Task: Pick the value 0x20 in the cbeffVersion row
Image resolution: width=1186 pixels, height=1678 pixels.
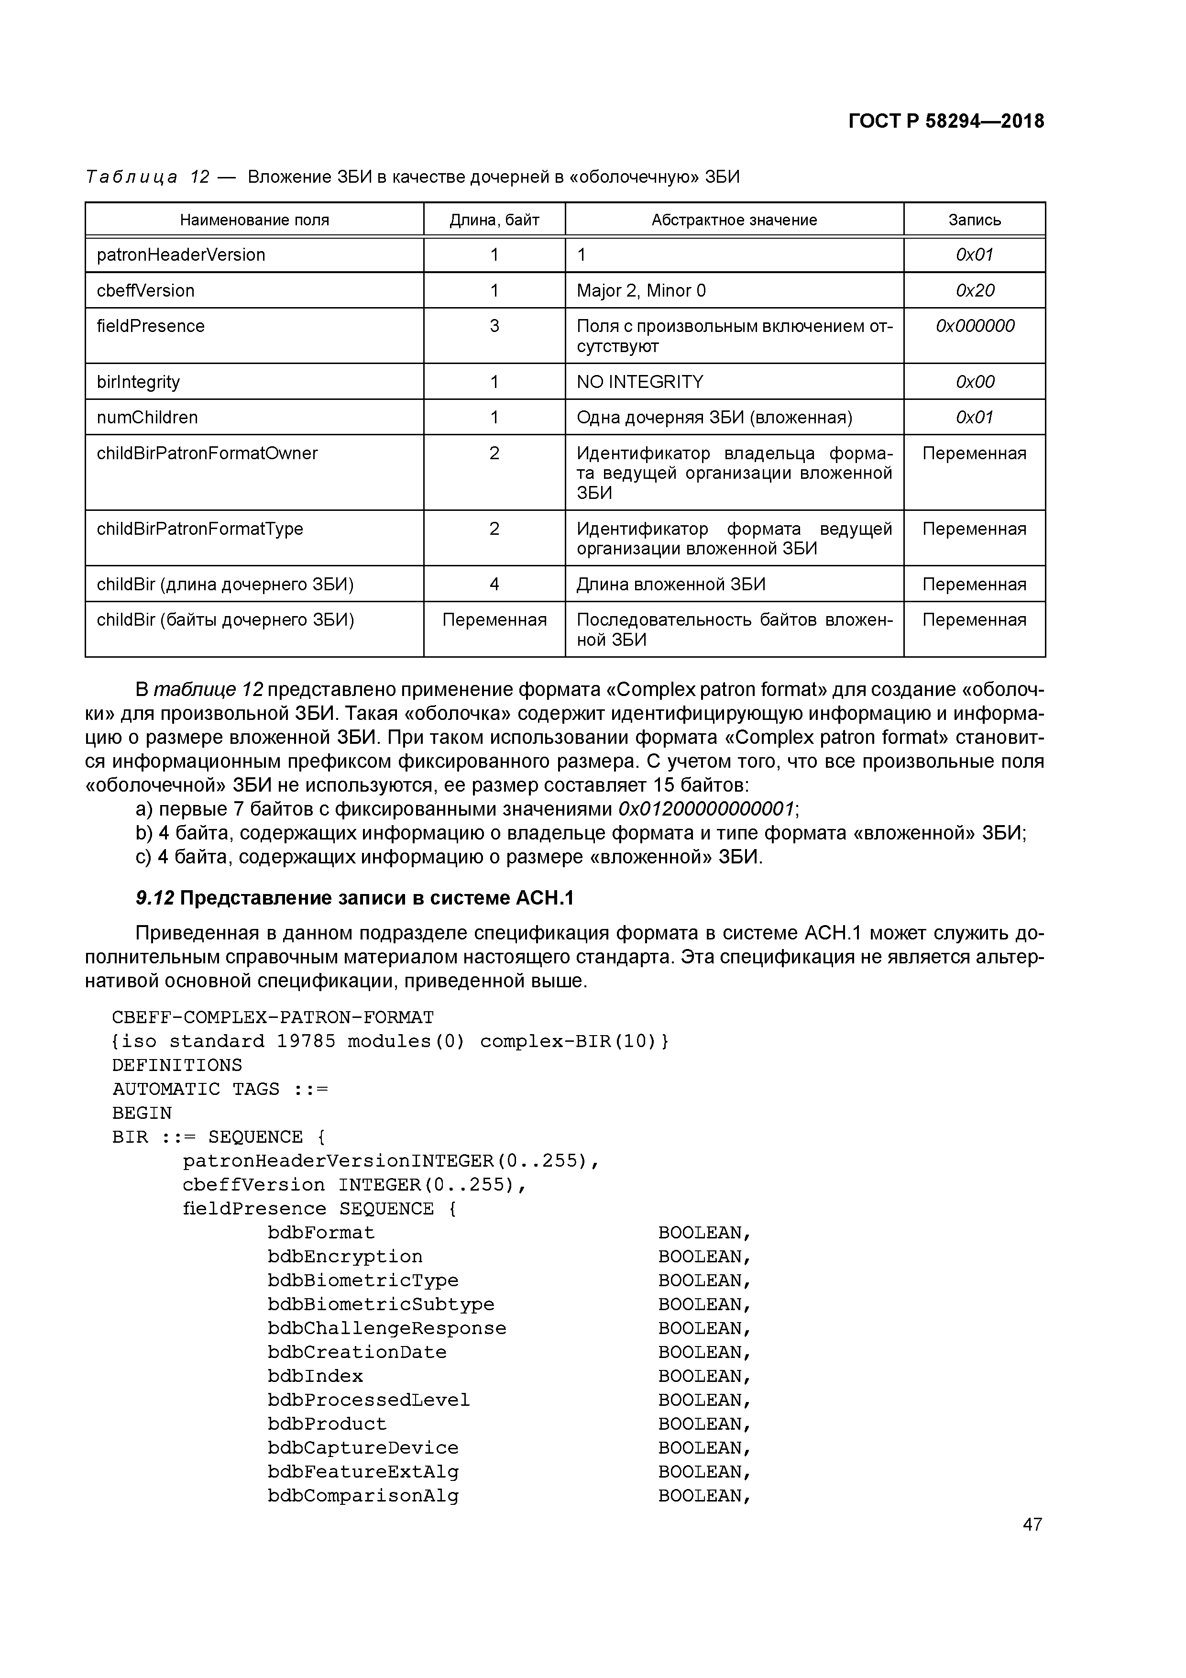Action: (974, 291)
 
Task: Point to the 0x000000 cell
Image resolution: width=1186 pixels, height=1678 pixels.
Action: (974, 326)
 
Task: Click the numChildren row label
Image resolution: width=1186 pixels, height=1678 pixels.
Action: (147, 417)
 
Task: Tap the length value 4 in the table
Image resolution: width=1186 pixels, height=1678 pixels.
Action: (494, 585)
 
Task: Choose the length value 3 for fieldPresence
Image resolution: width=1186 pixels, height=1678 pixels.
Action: (494, 326)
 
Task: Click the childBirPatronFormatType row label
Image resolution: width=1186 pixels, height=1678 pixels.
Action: (199, 529)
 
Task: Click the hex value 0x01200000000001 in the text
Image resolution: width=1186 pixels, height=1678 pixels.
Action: (706, 809)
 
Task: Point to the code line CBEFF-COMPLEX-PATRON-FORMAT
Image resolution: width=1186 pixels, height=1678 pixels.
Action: (273, 1017)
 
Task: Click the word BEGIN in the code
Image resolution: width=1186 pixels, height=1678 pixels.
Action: (142, 1113)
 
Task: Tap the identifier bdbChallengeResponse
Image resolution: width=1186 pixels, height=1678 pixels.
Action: (386, 1328)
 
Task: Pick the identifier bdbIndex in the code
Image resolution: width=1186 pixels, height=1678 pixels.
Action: (315, 1376)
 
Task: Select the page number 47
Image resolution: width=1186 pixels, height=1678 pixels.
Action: (1032, 1524)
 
